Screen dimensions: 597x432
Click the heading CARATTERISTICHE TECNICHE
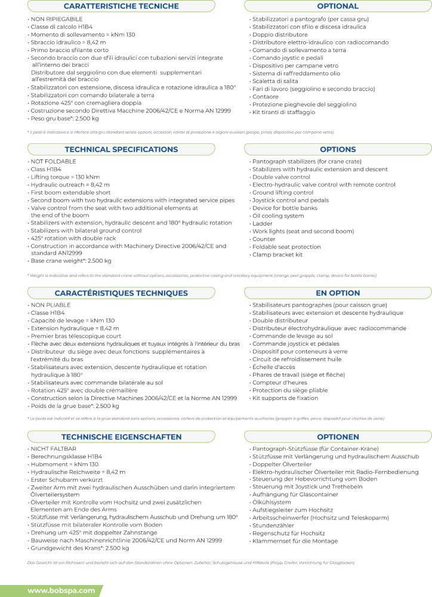tap(121, 7)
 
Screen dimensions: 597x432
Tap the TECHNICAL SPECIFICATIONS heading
tap(121, 149)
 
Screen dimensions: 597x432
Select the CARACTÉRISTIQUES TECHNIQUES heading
tap(121, 293)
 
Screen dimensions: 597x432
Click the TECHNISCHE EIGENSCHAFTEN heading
tap(121, 437)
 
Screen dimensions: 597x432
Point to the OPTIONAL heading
tap(338, 7)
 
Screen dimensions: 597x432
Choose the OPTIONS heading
tap(338, 149)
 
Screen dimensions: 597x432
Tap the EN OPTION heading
tap(338, 293)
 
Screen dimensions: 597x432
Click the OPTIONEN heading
tap(338, 437)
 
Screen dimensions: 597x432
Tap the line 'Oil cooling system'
tap(277, 216)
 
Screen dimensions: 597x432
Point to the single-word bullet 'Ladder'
tap(263, 223)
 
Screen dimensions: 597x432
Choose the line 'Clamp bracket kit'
tap(278, 254)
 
